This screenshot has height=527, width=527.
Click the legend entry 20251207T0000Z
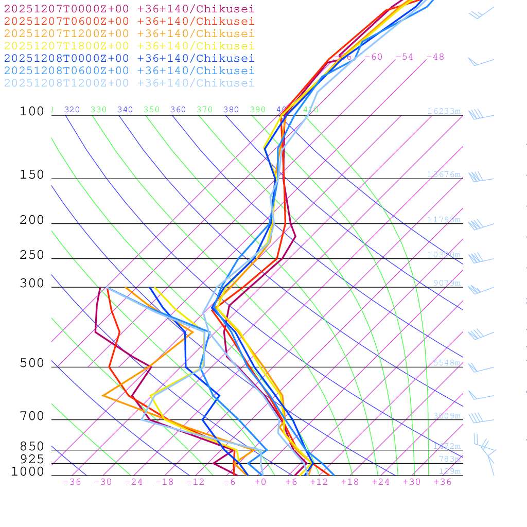(x=129, y=9)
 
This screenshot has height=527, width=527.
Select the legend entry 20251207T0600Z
(x=129, y=21)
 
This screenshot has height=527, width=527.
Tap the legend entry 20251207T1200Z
(x=129, y=33)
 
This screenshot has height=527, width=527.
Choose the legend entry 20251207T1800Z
(x=129, y=46)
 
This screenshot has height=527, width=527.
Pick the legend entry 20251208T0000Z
(x=129, y=58)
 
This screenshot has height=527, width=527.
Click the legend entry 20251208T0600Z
(x=129, y=71)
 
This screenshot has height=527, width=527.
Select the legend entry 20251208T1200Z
(x=129, y=83)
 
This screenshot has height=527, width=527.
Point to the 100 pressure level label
(x=32, y=111)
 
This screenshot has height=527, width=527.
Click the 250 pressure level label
(x=32, y=255)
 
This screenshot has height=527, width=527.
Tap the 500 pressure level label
(x=32, y=363)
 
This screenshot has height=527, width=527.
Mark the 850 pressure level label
(x=32, y=446)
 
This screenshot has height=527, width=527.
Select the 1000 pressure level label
(x=28, y=471)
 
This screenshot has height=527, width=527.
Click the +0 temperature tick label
(x=260, y=482)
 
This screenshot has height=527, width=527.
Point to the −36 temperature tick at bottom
(x=72, y=482)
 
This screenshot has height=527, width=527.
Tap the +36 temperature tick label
(x=442, y=482)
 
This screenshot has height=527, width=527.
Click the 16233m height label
(x=444, y=111)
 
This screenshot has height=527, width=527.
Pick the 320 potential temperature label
(x=72, y=110)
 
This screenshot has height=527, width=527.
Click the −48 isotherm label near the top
(x=435, y=57)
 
